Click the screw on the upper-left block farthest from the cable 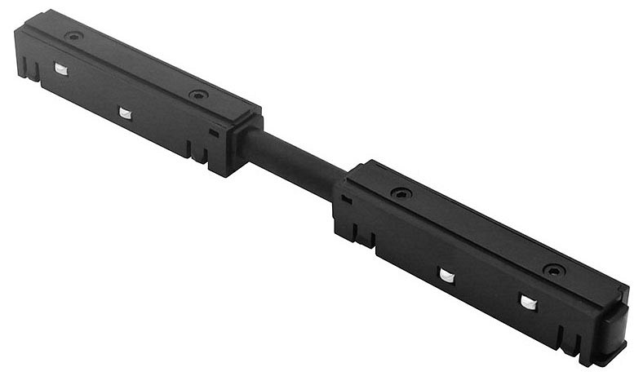click(74, 37)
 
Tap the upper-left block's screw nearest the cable click(197, 95)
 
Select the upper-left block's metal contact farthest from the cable click(61, 69)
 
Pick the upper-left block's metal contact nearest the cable click(125, 113)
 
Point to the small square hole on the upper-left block click(214, 132)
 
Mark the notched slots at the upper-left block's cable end click(195, 152)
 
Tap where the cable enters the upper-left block click(249, 140)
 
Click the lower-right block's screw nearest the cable click(400, 193)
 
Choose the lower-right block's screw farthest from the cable click(553, 269)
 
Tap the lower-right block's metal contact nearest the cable click(446, 275)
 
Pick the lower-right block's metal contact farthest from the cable click(529, 303)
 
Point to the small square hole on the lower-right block click(348, 199)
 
